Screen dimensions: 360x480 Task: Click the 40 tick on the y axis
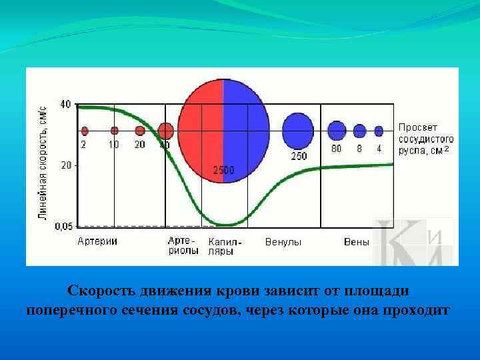tap(65, 105)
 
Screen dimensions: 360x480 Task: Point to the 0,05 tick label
tap(63, 227)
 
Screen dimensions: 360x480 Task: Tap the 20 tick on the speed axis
tap(65, 165)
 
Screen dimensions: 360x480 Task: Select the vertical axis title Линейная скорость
tap(41, 164)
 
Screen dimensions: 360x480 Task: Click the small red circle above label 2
tap(84, 131)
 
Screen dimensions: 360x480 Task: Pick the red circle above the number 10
tap(115, 131)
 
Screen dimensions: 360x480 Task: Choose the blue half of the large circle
tap(247, 130)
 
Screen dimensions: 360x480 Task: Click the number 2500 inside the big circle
tap(223, 170)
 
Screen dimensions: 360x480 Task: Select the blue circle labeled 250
tap(297, 131)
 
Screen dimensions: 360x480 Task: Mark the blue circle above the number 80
tap(337, 131)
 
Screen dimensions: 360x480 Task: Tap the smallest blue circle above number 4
tap(379, 131)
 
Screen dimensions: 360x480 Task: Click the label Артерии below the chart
tap(98, 241)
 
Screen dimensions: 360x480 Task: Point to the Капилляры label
tap(225, 247)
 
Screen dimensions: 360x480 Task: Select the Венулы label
tap(283, 242)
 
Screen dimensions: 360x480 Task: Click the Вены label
tap(357, 242)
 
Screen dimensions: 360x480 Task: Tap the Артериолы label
tap(183, 246)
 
